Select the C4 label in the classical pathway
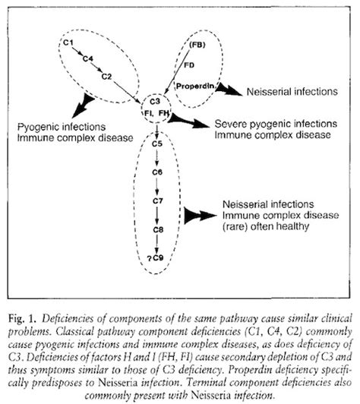[x=87, y=58]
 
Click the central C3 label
[x=154, y=102]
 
